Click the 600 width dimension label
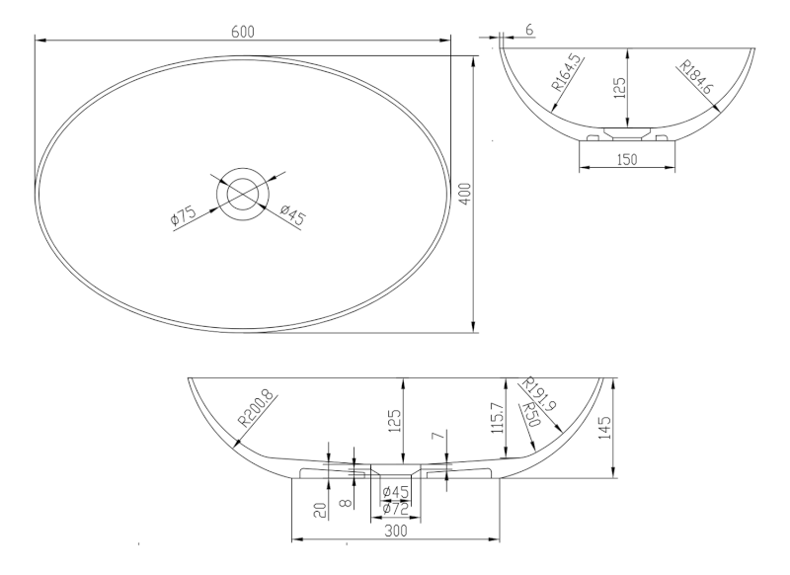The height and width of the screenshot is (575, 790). point(243,32)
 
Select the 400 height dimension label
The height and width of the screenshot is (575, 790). point(466,194)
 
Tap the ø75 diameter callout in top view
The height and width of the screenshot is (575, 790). point(184,214)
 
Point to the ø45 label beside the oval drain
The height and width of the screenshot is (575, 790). point(292,215)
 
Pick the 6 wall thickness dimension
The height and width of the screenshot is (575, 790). point(528,31)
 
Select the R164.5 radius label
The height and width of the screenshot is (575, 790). point(567,73)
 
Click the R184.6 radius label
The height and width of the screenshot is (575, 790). point(695,77)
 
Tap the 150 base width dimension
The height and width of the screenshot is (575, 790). point(627,160)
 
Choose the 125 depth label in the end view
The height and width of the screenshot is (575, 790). point(620,88)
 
